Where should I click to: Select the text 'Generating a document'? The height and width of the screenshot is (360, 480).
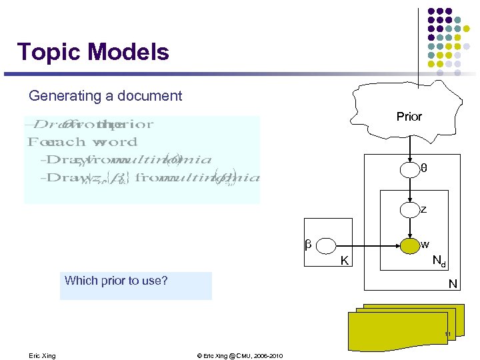[x=105, y=96]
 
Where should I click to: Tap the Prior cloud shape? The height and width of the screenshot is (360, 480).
[x=409, y=116]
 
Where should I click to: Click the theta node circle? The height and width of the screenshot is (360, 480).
[x=410, y=170]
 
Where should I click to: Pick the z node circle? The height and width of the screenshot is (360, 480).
[x=410, y=209]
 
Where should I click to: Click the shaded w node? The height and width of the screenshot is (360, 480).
[x=409, y=245]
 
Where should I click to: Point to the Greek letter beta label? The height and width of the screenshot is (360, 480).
[x=308, y=245]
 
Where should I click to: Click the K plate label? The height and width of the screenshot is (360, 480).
[x=345, y=261]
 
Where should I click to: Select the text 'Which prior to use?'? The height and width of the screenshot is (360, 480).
[x=116, y=281]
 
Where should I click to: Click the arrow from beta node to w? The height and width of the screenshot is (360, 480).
[x=367, y=245]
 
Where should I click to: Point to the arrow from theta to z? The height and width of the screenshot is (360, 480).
[x=410, y=190]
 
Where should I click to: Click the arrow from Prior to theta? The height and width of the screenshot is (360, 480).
[x=410, y=148]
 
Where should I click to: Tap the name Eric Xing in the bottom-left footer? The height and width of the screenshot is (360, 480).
[x=43, y=355]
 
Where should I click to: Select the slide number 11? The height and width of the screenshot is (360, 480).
[x=448, y=334]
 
